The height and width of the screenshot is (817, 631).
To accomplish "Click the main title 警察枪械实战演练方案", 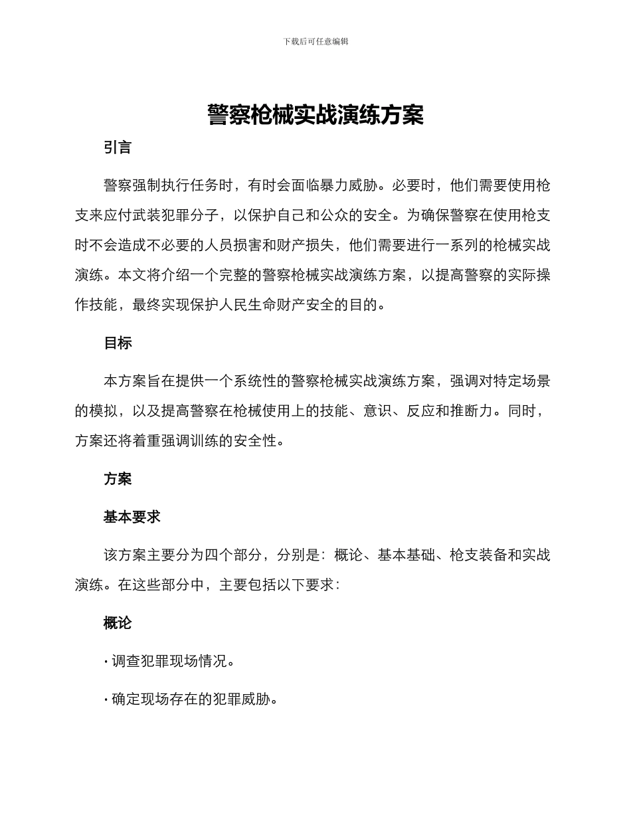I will click(x=315, y=114).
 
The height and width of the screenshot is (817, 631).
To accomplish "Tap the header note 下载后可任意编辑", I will click(x=315, y=41).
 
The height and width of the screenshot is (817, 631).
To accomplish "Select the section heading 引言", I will click(x=118, y=147).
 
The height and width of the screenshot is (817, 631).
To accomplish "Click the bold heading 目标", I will click(x=118, y=343).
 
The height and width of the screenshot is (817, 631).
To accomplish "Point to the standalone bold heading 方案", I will click(x=118, y=479).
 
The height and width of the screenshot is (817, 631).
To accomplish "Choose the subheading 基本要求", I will click(x=132, y=517).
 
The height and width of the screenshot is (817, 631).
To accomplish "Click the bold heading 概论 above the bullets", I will click(x=118, y=623).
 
